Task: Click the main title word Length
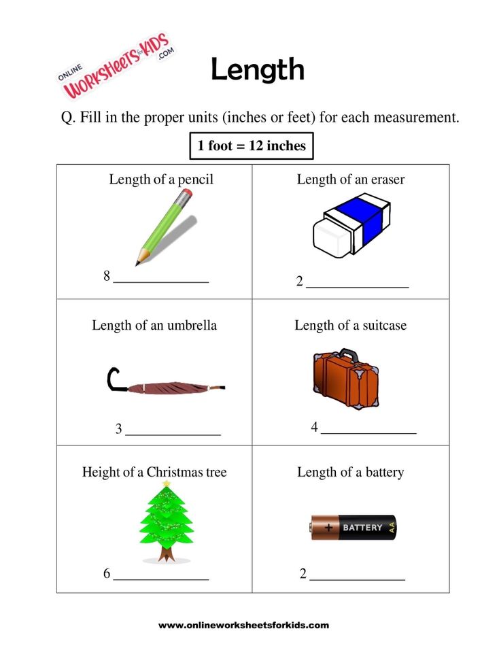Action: [257, 70]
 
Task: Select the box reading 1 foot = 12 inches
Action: [251, 146]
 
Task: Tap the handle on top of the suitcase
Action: [349, 354]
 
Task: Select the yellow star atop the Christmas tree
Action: [167, 484]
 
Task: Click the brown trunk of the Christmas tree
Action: [166, 554]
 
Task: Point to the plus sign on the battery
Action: [330, 527]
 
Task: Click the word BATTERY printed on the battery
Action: [362, 528]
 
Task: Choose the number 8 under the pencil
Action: [107, 276]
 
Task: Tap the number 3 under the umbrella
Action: [118, 429]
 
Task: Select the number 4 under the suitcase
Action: [314, 427]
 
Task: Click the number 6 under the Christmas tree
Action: [107, 573]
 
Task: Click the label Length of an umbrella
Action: [154, 325]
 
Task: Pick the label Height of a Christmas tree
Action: [154, 472]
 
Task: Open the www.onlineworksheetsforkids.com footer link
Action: [243, 625]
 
